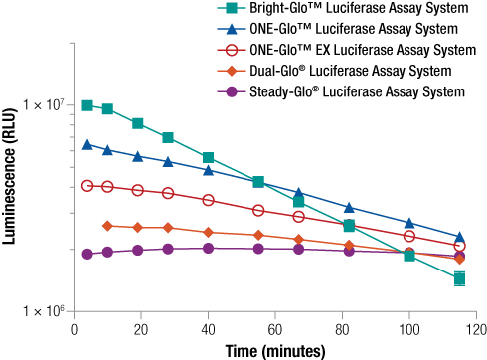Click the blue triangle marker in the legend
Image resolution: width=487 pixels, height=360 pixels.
230,30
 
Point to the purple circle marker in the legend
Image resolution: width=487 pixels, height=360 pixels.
230,91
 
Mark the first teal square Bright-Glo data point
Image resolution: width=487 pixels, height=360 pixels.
87,105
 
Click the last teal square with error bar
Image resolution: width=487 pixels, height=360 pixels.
459,278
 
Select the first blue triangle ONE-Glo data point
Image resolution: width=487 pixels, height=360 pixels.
87,144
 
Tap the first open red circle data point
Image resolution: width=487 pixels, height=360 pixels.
87,185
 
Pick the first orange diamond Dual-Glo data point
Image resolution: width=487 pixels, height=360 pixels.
107,226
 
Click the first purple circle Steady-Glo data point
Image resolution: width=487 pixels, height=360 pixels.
87,254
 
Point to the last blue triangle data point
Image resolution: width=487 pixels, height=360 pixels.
459,237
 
